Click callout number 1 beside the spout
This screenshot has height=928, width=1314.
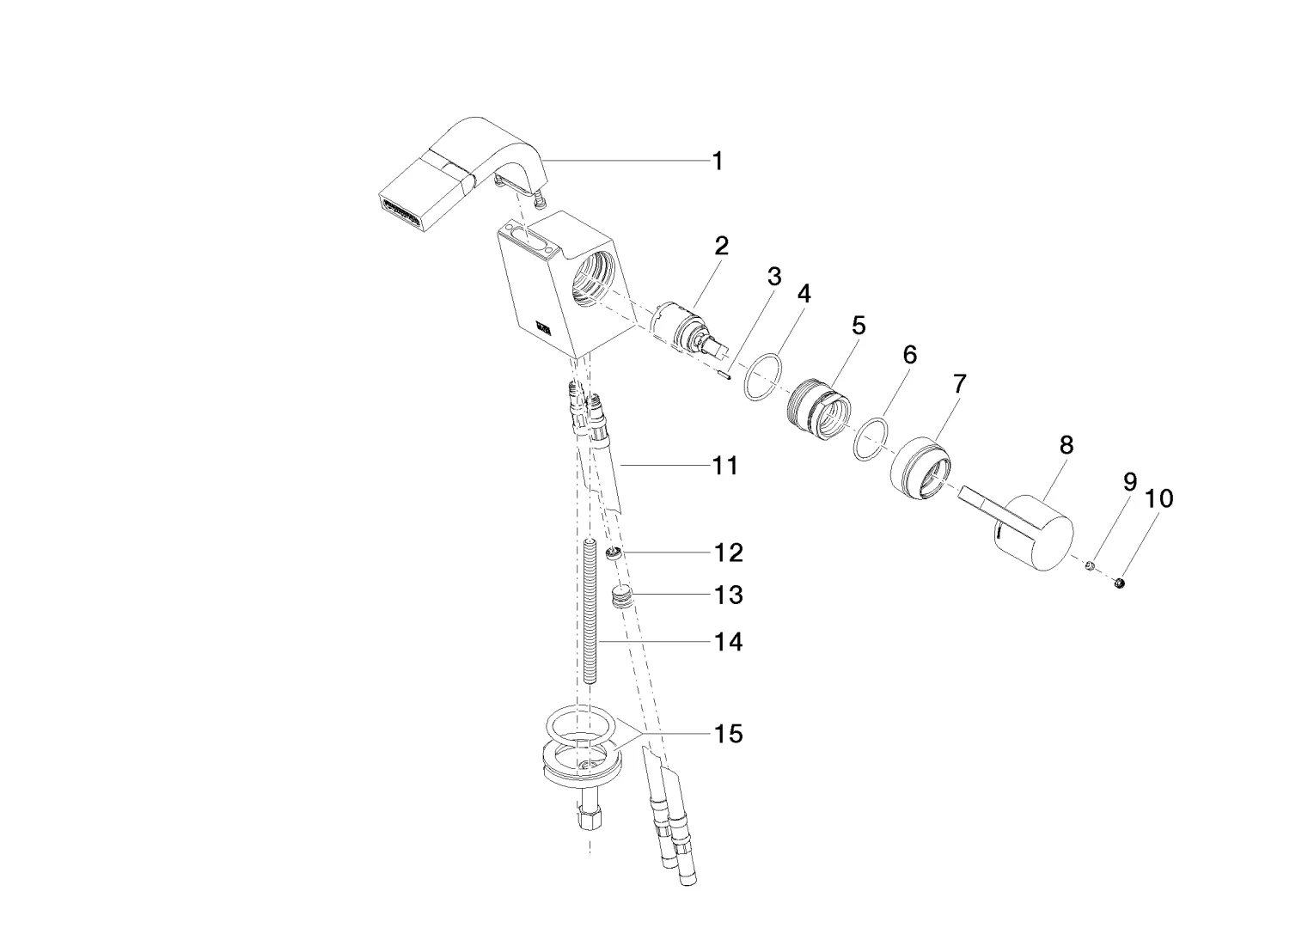tap(717, 161)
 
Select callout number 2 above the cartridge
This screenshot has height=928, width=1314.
tap(721, 247)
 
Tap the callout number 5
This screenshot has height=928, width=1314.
tap(859, 326)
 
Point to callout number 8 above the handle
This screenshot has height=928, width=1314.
tap(1066, 445)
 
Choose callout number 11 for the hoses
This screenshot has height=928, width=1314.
tap(725, 466)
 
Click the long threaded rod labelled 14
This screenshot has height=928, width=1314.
tap(589, 610)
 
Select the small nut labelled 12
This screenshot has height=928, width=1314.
tap(614, 553)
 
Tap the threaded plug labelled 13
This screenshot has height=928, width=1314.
tap(621, 595)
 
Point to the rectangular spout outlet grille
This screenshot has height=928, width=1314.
tap(400, 214)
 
